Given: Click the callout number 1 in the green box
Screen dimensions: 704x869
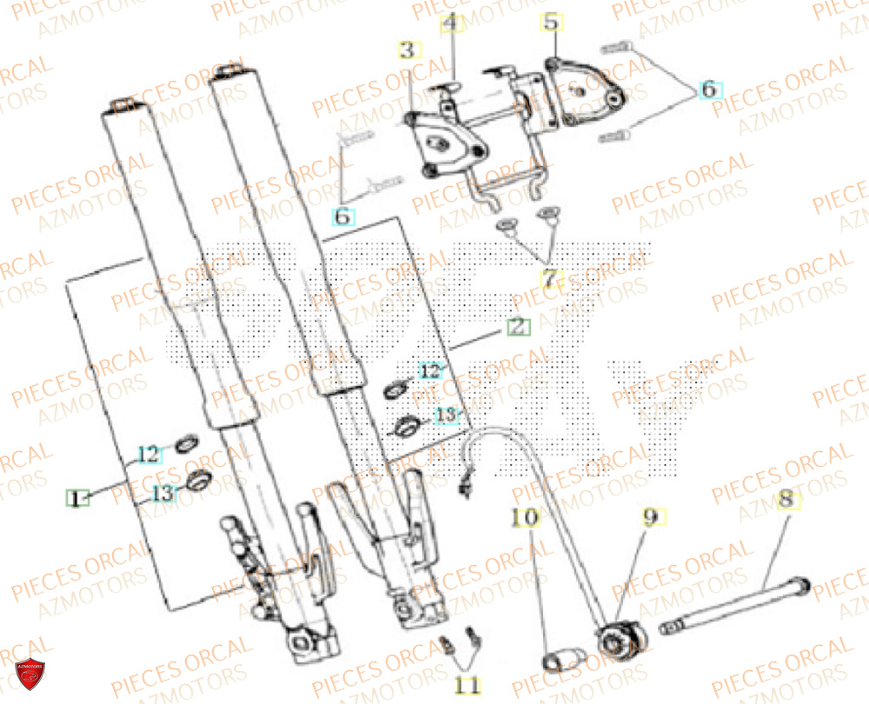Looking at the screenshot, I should [77, 498].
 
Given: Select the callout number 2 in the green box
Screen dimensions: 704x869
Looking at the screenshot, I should [515, 327].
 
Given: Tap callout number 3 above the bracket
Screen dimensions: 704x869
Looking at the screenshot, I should [410, 50].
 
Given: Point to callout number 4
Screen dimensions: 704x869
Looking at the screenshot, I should [449, 24].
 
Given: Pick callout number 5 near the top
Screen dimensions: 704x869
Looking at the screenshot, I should [552, 23].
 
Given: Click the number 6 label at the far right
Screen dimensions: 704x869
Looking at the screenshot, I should [708, 89].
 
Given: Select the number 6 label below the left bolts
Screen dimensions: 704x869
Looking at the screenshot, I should [343, 216].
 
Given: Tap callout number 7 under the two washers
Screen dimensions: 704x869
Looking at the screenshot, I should [551, 280].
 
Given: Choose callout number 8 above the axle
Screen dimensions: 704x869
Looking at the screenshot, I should [786, 501].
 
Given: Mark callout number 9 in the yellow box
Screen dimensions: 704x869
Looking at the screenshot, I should [653, 519].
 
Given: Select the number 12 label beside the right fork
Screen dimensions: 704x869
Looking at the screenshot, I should [430, 371].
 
